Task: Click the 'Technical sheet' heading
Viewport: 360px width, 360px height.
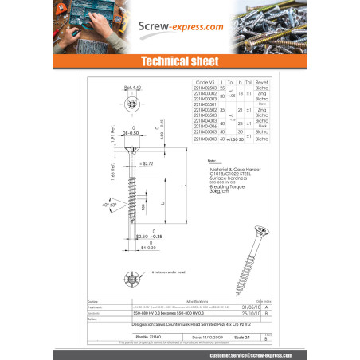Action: coord(179,61)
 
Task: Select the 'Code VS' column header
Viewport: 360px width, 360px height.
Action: coord(205,82)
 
